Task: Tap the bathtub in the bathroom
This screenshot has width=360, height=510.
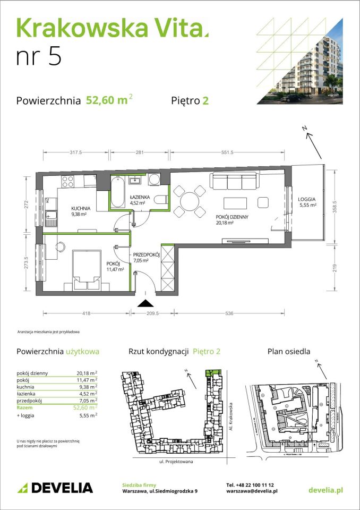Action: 118,190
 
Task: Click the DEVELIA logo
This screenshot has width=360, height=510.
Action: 55,488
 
